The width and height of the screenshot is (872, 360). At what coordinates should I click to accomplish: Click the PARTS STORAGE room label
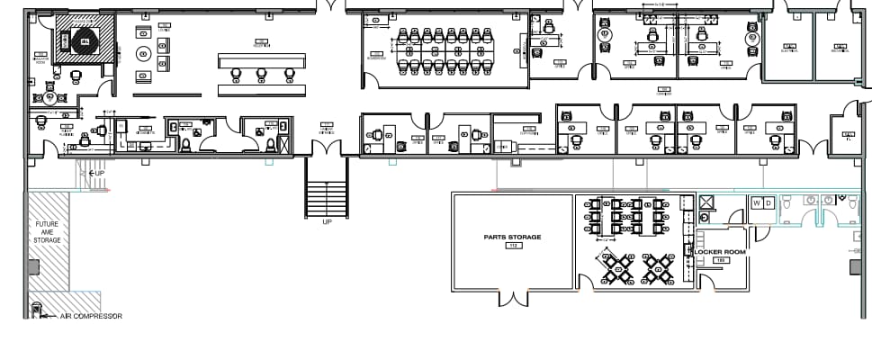[511, 237]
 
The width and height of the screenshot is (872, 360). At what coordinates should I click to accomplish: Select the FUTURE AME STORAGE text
[48, 232]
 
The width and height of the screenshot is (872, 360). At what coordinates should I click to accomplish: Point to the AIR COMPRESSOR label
[91, 316]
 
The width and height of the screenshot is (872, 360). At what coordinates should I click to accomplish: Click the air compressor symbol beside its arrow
[37, 311]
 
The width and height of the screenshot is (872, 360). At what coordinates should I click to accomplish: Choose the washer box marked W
[758, 203]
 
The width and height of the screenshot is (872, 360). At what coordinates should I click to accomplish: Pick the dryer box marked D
[769, 203]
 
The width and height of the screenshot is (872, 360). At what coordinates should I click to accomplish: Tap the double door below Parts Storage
[513, 299]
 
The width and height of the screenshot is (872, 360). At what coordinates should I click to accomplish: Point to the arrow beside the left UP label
[86, 172]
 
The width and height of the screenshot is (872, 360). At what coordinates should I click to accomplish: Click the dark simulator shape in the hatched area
[85, 40]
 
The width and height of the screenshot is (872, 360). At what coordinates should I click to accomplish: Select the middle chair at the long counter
[262, 74]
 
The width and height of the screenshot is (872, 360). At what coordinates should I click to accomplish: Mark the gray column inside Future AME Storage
[33, 266]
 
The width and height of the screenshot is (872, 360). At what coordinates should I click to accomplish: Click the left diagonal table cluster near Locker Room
[618, 267]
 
